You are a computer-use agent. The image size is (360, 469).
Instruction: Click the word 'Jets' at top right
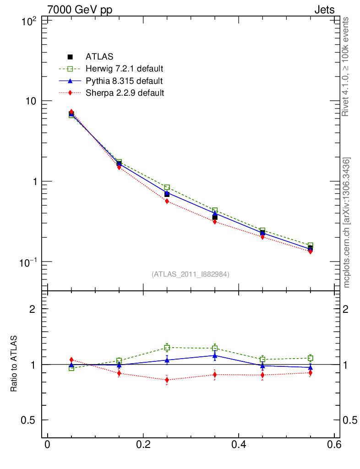click(x=324, y=10)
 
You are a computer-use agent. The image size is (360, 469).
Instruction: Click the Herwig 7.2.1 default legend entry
click(x=124, y=69)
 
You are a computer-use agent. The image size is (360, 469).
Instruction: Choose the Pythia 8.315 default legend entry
click(x=124, y=81)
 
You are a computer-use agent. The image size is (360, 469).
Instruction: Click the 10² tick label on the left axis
click(x=30, y=21)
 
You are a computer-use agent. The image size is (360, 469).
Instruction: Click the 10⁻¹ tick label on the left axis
click(x=30, y=262)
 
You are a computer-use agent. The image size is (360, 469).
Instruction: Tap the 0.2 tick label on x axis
click(x=143, y=445)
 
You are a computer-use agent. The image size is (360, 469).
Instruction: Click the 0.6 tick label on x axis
click(x=333, y=445)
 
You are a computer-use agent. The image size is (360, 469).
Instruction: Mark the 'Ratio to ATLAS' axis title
click(x=14, y=364)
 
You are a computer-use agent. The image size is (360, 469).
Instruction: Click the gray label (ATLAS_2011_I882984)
click(x=190, y=274)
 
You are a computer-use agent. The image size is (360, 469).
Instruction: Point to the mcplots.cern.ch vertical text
click(x=346, y=223)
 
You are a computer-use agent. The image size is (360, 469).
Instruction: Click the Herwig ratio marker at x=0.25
click(x=167, y=348)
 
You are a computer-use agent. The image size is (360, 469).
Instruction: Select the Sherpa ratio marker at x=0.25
click(x=167, y=380)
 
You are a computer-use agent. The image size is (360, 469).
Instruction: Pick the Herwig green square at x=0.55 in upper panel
click(x=310, y=245)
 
